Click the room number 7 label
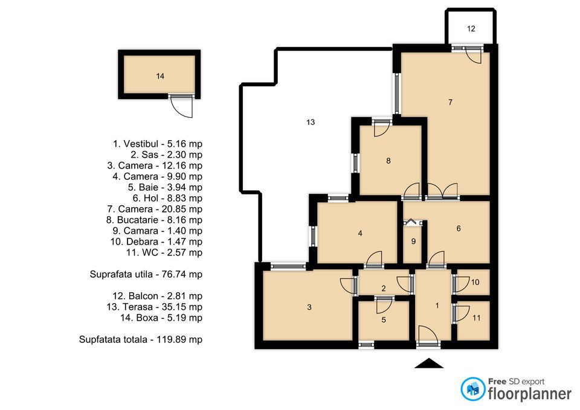tap(450, 102)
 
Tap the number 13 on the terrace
tap(311, 122)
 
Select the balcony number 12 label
tap(471, 28)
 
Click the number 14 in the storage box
tap(159, 76)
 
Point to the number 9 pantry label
tap(413, 242)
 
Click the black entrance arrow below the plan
tap(429, 363)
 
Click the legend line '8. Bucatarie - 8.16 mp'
tap(153, 220)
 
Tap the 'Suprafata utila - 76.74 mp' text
tap(146, 274)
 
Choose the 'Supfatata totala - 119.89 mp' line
tap(141, 339)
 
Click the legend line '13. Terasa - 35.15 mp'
tap(153, 307)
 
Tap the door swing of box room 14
tap(181, 107)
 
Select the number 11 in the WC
tap(477, 318)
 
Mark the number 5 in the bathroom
tap(383, 320)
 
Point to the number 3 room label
tap(309, 307)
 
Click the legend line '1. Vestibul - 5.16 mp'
tap(158, 144)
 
